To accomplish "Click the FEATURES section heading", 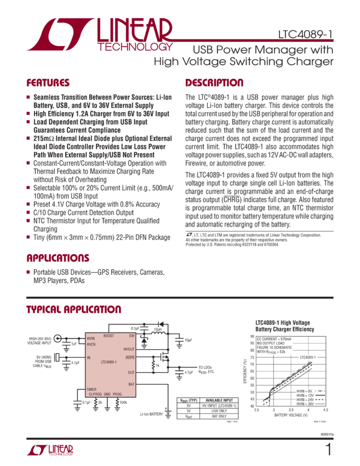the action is pos(48,83).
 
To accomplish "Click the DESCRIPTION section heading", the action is pos(214,83).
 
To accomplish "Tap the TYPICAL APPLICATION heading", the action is pos(73,310).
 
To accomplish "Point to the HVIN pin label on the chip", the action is pos(90,339).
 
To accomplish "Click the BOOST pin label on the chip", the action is pos(108,335).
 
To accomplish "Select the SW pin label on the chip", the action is pos(132,335).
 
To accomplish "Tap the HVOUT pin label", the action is pos(129,349).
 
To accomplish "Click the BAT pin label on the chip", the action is pos(131,384).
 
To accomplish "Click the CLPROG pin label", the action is pos(95,394).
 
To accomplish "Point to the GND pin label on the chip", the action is pos(108,394).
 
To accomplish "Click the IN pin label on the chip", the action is pos(89,357).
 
